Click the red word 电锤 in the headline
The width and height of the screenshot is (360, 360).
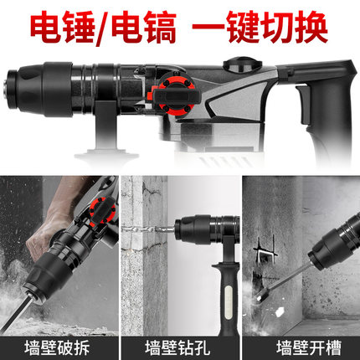click(x=62, y=27)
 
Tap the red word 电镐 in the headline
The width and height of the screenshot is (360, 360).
click(x=144, y=27)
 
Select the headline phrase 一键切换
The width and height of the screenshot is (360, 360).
click(x=260, y=27)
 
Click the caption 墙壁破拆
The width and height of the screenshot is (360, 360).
click(x=57, y=347)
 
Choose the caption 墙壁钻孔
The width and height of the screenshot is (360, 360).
click(x=177, y=347)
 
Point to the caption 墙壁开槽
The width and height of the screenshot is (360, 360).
click(x=309, y=347)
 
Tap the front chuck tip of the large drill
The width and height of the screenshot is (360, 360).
click(x=11, y=90)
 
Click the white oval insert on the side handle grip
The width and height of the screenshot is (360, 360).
click(x=229, y=302)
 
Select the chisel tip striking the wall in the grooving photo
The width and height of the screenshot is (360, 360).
click(x=260, y=296)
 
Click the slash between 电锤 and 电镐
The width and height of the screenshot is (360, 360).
click(x=103, y=28)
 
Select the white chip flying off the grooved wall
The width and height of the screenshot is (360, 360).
click(x=279, y=311)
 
